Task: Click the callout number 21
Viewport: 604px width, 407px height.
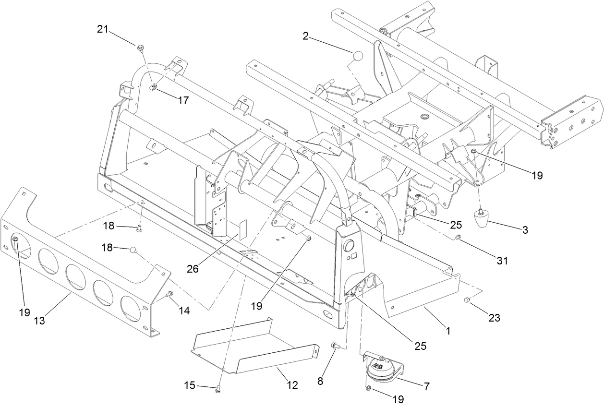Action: point(102,29)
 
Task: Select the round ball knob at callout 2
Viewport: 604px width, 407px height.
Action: point(358,56)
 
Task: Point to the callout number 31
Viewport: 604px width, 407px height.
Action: point(502,261)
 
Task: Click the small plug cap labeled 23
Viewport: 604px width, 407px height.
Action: point(466,300)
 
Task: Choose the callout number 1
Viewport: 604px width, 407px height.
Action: point(448,331)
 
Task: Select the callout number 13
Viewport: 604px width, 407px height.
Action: point(39,321)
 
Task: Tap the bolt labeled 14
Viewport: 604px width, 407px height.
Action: point(169,294)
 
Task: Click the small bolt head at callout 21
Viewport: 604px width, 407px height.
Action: point(140,48)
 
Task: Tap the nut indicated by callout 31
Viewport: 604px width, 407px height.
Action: point(458,238)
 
